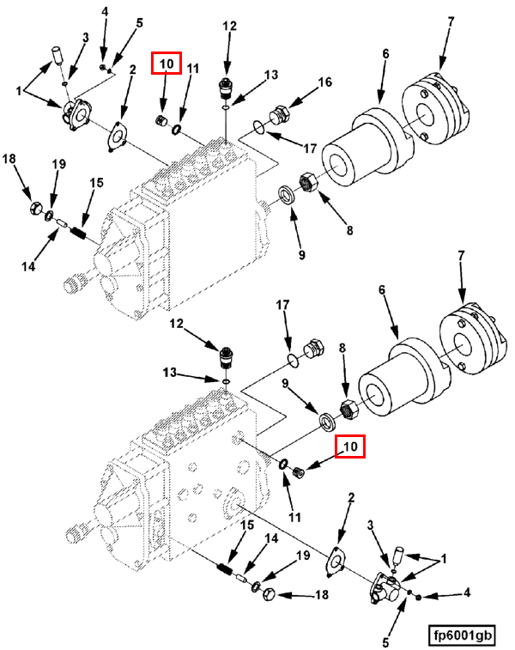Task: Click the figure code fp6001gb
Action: pos(463,635)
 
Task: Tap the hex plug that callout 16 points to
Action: pos(279,115)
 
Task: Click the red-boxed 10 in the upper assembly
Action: pos(167,64)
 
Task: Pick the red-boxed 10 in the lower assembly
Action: pos(349,446)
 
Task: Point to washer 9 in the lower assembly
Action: pos(327,421)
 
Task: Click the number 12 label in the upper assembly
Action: pos(229,26)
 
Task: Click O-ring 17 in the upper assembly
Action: pos(257,129)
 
